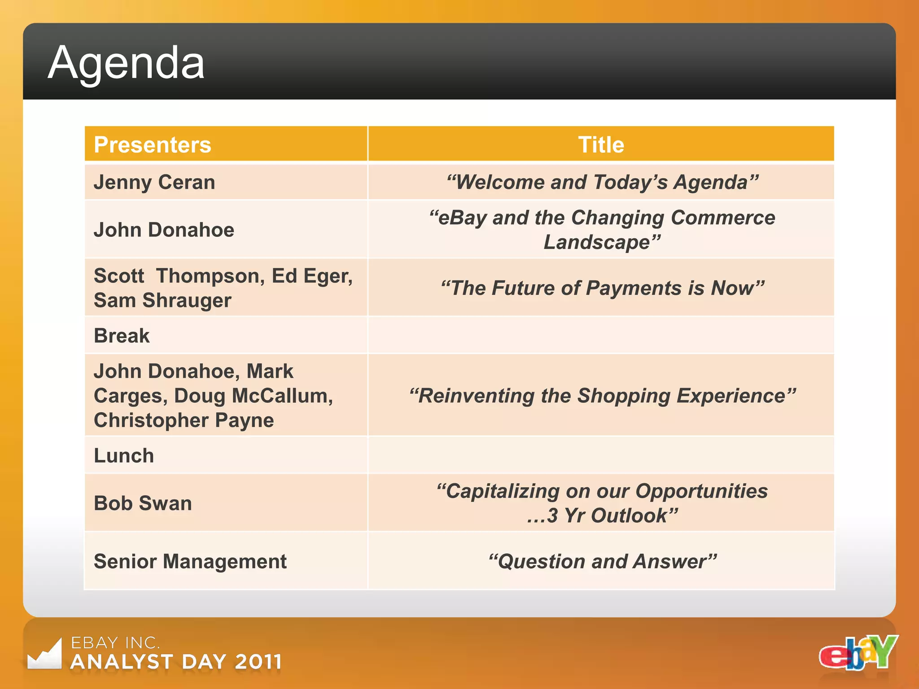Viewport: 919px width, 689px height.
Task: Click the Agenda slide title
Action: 126,63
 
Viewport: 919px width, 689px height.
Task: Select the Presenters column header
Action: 153,145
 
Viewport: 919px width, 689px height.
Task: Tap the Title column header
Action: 601,145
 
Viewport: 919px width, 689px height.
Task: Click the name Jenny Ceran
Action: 154,183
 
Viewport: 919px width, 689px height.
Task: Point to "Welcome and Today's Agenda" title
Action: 602,183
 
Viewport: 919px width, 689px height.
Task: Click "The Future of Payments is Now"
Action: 602,288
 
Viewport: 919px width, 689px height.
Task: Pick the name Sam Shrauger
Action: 162,300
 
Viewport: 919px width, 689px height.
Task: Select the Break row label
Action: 122,336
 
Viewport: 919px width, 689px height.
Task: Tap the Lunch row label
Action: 124,456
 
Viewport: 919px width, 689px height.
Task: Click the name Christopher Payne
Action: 184,420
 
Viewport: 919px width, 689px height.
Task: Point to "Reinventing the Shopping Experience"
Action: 602,396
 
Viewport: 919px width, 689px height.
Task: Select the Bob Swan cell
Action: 143,503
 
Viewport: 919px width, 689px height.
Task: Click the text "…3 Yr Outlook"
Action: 602,516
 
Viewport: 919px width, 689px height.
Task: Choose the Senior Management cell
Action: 190,562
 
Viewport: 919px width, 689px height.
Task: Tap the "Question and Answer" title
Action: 602,562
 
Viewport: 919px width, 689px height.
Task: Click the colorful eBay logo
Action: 858,653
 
